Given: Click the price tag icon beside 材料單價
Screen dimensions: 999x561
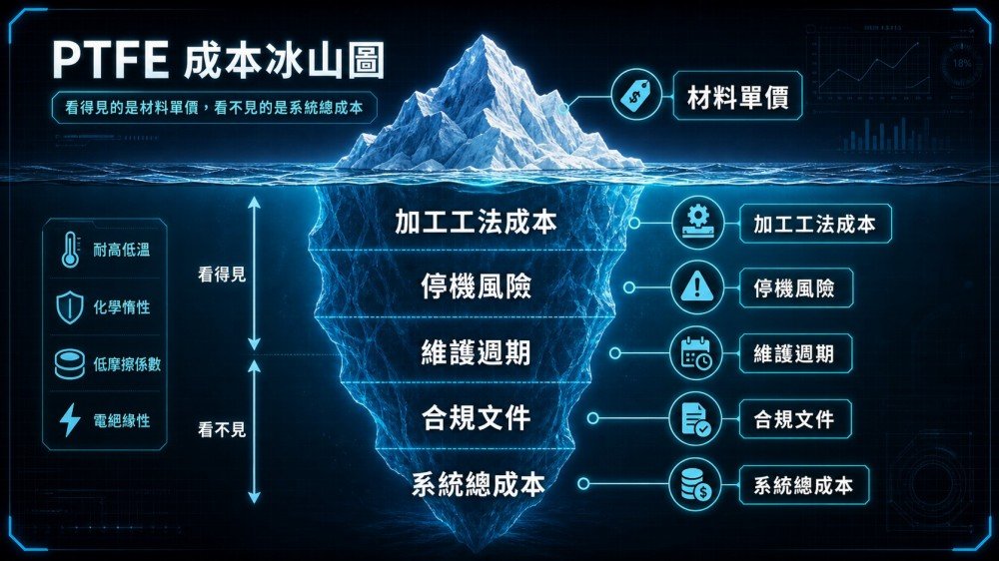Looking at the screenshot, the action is tap(635, 96).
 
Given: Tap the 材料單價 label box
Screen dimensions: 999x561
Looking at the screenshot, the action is tap(737, 97).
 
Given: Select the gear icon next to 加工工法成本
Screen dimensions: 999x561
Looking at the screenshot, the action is tap(698, 223).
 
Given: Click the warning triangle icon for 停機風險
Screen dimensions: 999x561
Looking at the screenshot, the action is tap(697, 287).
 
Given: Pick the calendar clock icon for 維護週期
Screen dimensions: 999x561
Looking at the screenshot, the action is tap(696, 353).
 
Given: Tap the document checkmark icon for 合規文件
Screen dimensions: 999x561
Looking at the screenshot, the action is tap(695, 419).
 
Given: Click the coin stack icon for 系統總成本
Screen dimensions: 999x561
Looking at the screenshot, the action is tap(695, 485).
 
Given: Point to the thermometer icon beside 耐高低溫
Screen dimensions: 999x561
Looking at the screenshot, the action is tap(70, 249).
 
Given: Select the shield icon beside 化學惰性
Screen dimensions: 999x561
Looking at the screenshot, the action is tap(70, 306).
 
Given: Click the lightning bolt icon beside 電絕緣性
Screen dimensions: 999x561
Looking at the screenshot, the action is tap(70, 419).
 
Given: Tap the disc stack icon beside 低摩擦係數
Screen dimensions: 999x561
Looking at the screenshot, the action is tap(70, 363).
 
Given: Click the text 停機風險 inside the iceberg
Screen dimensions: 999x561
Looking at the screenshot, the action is tap(476, 286).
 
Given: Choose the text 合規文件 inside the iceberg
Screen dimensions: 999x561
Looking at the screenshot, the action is tap(476, 418).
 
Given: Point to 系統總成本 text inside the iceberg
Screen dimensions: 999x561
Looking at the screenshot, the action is tap(478, 484).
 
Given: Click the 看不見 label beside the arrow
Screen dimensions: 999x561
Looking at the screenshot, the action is tap(222, 430).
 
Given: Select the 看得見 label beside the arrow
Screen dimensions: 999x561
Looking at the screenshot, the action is tap(222, 276).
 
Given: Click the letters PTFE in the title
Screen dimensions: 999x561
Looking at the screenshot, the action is tap(110, 60).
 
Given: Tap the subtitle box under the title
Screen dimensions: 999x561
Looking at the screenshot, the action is tap(214, 108).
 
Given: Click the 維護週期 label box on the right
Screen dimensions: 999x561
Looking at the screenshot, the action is tap(794, 353).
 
